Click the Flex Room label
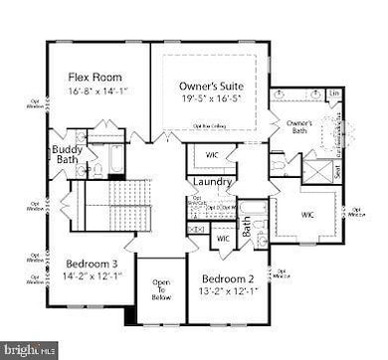point(95,76)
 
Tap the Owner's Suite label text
point(211,85)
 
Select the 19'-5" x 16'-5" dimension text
point(211,100)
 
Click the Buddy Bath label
point(68,156)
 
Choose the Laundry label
point(213,182)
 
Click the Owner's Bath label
point(299,126)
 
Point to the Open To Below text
point(160,288)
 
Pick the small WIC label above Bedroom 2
point(223,239)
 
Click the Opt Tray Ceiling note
point(211,126)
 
